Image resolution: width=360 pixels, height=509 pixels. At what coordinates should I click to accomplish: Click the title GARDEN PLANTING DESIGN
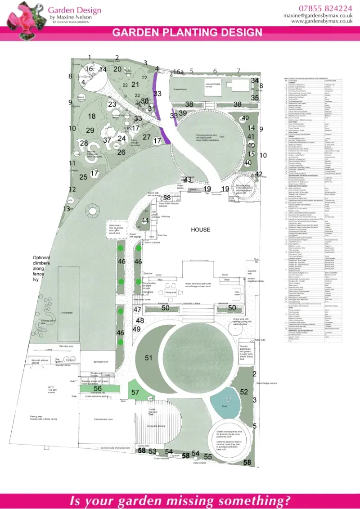pos(187,32)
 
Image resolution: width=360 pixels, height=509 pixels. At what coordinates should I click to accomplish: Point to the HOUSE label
pos(200,230)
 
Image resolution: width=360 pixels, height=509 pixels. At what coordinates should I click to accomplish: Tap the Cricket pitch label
pos(67,312)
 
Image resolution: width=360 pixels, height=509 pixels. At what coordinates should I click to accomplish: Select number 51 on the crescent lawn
pos(148,357)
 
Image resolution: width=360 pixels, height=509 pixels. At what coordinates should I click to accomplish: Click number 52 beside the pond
pos(243,392)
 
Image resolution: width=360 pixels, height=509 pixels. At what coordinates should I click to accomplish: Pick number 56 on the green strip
pos(98,388)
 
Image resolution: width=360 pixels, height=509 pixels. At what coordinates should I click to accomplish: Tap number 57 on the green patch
pos(135,392)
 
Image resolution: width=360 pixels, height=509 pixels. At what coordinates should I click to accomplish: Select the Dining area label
pos(171,293)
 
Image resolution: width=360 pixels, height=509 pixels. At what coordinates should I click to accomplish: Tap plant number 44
pos(144,221)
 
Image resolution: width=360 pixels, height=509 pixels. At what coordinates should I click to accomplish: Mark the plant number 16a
pos(179,72)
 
